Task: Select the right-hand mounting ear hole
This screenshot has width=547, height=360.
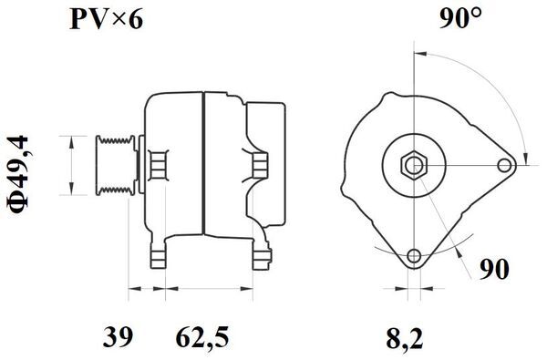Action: pyautogui.click(x=506, y=165)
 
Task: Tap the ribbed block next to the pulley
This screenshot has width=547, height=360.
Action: pyautogui.click(x=156, y=165)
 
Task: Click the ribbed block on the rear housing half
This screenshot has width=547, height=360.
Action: pyautogui.click(x=260, y=165)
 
